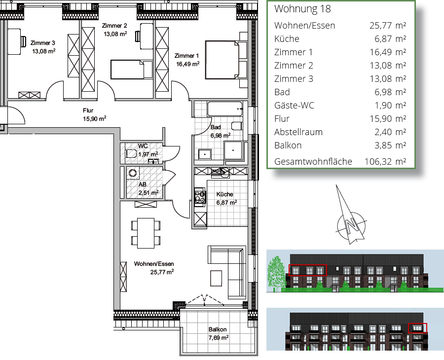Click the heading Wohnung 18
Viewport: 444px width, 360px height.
[x=302, y=9]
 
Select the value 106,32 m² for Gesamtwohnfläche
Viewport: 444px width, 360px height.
[x=385, y=162]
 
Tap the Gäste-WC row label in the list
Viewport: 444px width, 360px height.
[x=294, y=106]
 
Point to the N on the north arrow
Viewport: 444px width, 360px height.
[x=351, y=225]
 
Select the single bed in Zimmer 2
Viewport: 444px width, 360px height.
[x=132, y=70]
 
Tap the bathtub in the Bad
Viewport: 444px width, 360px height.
[x=225, y=109]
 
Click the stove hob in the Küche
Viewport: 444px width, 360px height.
[x=200, y=196]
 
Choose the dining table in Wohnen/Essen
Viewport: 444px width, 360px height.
[x=146, y=233]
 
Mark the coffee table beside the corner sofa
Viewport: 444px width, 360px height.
[x=216, y=278]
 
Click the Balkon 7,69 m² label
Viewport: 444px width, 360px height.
[x=219, y=333]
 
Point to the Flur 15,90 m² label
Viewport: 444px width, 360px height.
[x=94, y=114]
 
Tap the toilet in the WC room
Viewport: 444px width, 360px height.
[x=131, y=154]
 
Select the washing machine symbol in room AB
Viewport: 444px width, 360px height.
[x=133, y=173]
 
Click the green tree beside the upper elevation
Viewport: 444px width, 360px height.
[x=277, y=273]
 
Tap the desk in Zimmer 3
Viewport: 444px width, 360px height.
[x=14, y=41]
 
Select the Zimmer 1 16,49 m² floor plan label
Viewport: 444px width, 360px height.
[x=187, y=60]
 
